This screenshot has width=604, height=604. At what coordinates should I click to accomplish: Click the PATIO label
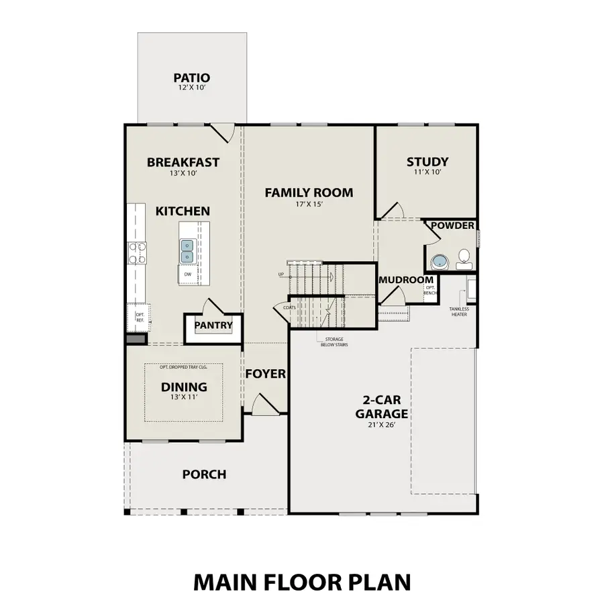[191, 79]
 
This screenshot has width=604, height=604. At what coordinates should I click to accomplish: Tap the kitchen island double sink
[187, 252]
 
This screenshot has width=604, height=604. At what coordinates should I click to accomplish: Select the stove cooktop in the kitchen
[138, 252]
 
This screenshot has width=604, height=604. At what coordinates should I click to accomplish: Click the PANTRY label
[213, 326]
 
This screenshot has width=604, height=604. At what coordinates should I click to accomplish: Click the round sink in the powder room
[440, 262]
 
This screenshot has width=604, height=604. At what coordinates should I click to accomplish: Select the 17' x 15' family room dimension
[308, 205]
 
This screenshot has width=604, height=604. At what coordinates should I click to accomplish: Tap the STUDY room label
[427, 162]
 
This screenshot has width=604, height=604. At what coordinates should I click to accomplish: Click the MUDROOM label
[406, 280]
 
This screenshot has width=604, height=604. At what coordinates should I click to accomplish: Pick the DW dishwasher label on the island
[188, 274]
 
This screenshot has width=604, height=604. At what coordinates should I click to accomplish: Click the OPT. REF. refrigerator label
[140, 317]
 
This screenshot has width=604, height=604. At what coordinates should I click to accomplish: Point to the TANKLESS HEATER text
[459, 311]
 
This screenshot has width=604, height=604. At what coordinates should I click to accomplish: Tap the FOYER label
[265, 374]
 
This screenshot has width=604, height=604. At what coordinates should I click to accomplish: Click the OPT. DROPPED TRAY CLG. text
[183, 367]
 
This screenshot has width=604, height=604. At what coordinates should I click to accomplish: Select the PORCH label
[204, 474]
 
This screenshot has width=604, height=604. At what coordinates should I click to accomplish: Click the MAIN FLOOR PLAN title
[302, 581]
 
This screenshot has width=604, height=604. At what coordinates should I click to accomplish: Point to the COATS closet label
[289, 307]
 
